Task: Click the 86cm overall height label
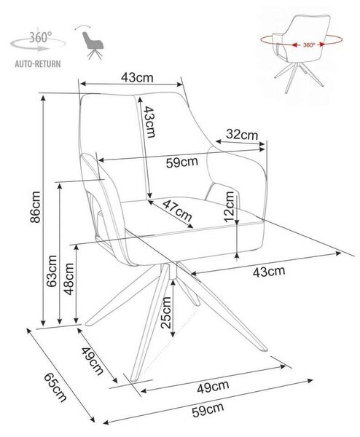(35, 207)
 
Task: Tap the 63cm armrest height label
(52, 271)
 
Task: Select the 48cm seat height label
(69, 279)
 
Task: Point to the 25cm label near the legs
(165, 312)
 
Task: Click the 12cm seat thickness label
(230, 207)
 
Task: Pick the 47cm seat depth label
(177, 210)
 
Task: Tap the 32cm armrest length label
(242, 135)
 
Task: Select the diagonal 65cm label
(55, 387)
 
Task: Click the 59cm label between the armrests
(181, 162)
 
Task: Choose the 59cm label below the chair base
(208, 410)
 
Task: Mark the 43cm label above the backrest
(137, 77)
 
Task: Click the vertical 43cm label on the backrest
(149, 122)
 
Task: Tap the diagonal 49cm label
(93, 361)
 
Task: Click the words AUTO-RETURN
(38, 64)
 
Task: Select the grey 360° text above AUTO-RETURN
(41, 37)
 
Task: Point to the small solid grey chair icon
(93, 45)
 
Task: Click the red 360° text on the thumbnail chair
(309, 45)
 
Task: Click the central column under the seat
(173, 271)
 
